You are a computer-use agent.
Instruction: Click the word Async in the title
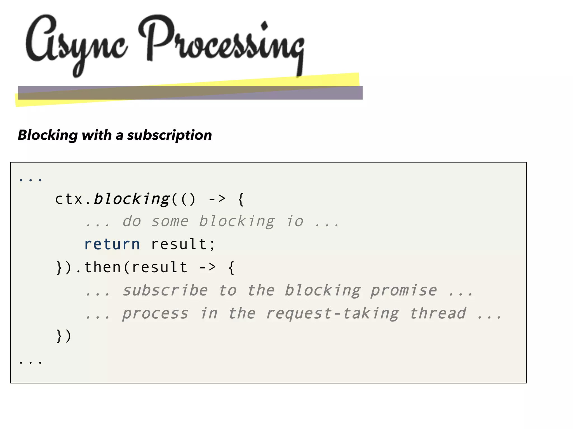(x=76, y=42)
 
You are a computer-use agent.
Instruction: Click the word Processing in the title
(x=221, y=42)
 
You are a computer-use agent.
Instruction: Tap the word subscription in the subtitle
(x=169, y=135)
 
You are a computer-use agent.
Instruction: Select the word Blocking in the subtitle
(x=48, y=135)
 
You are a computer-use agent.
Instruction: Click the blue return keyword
(x=112, y=244)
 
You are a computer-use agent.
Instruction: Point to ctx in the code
(x=69, y=199)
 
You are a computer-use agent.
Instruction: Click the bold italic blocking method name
(x=131, y=199)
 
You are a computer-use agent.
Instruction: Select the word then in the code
(x=102, y=267)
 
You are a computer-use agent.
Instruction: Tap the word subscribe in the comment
(x=165, y=290)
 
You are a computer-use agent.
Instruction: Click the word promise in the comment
(x=403, y=290)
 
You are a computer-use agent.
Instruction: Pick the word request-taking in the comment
(x=332, y=313)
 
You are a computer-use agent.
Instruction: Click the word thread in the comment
(x=438, y=313)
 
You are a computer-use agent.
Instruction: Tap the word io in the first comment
(x=295, y=221)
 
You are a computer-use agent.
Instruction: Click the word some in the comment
(x=170, y=221)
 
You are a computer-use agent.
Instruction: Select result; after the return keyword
(x=183, y=244)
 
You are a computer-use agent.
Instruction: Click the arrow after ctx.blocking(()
(x=217, y=199)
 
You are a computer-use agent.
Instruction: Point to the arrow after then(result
(x=207, y=267)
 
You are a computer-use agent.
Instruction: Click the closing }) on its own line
(x=64, y=336)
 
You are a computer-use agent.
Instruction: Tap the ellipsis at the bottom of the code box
(x=30, y=362)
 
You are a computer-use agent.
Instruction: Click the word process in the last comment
(x=155, y=313)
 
